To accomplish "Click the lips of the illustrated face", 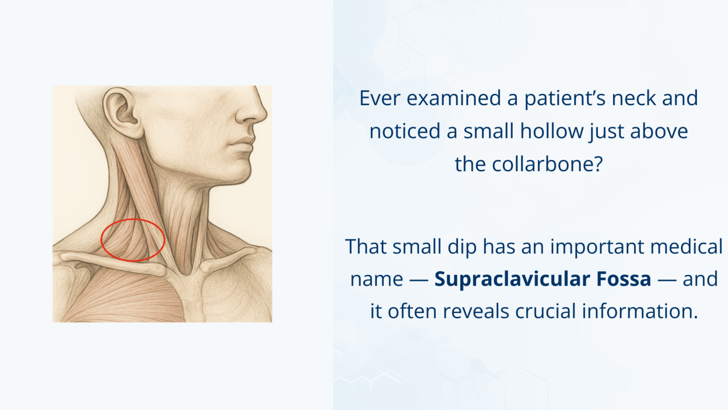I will [244, 143].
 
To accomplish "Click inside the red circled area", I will [133, 240].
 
